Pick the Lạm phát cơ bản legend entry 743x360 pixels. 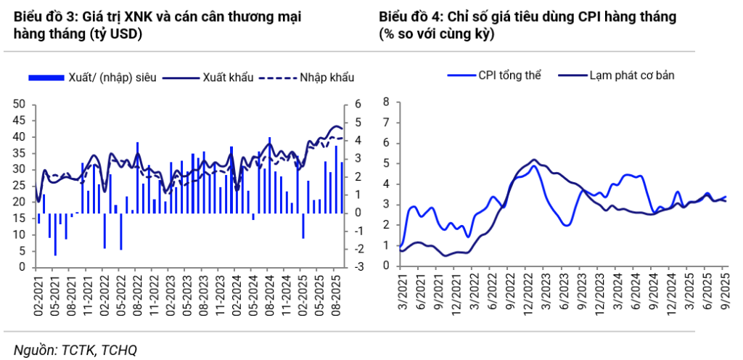[x=623, y=75]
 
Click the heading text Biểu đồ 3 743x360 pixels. [x=43, y=16]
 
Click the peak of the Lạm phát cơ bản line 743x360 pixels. [x=534, y=160]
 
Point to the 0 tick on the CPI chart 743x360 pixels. [x=386, y=267]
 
